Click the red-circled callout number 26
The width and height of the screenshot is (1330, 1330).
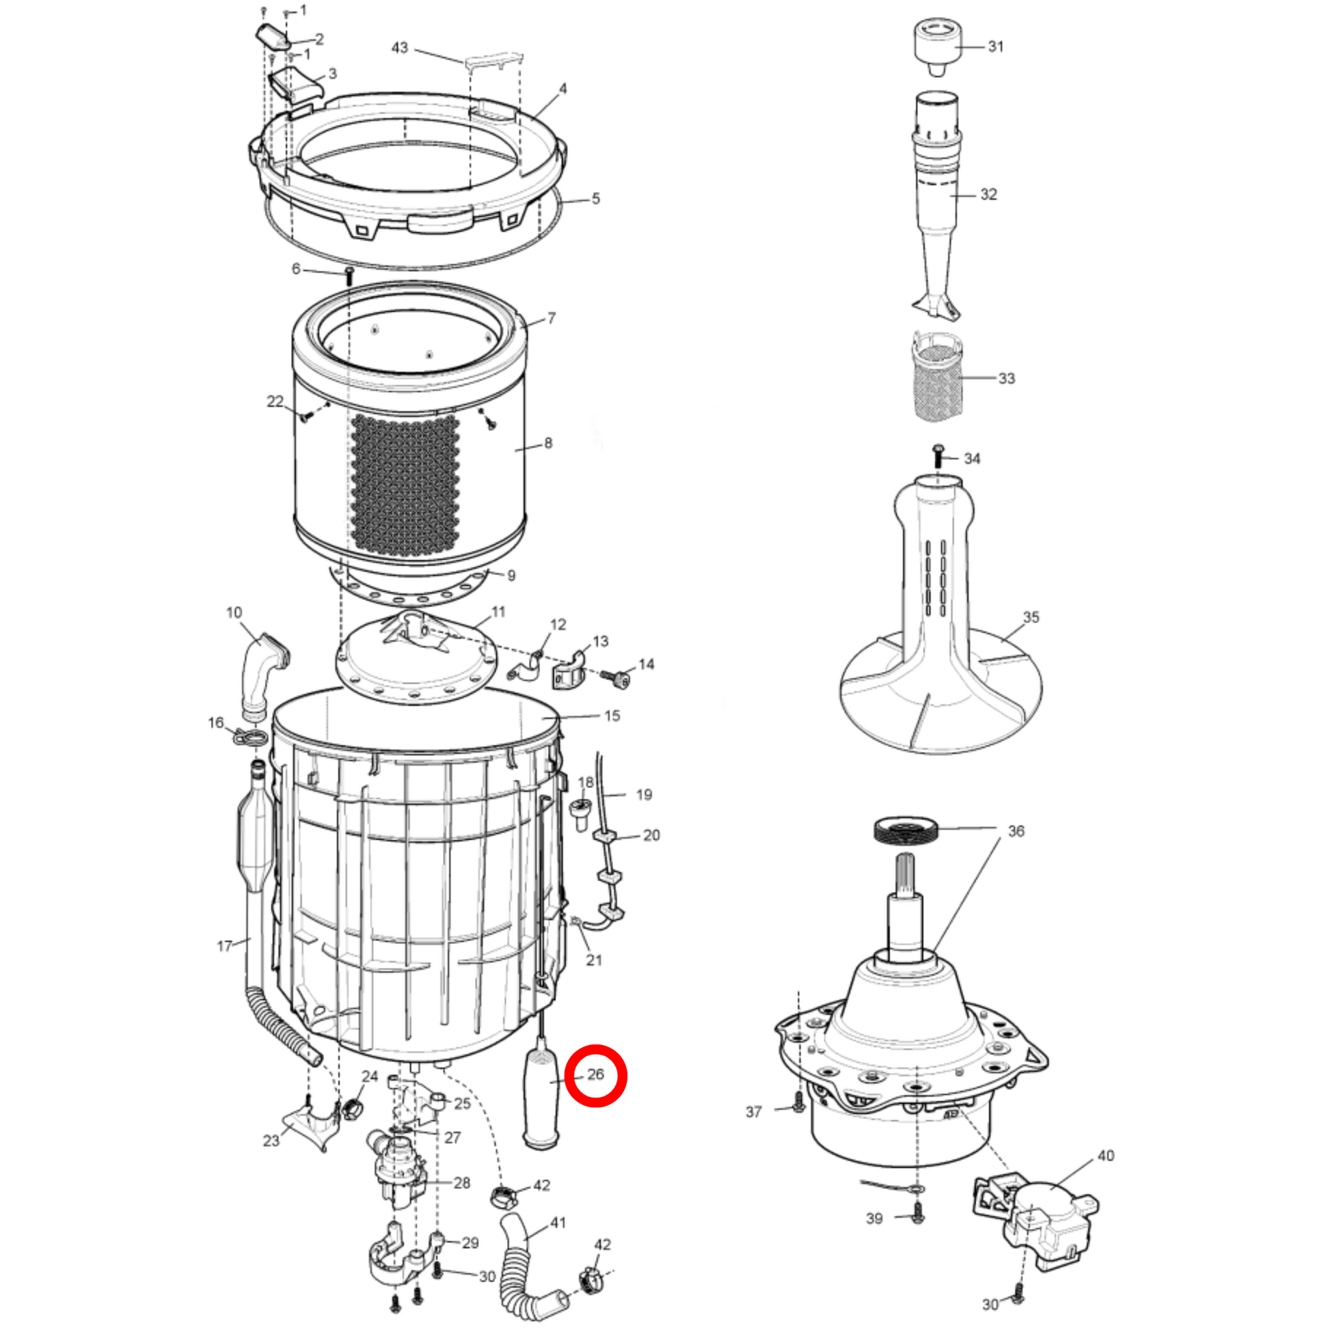(x=595, y=1074)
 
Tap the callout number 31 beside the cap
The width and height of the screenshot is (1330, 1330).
(x=995, y=46)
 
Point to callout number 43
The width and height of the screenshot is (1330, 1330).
(x=399, y=48)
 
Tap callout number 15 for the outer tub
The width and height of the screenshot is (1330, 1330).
(x=612, y=716)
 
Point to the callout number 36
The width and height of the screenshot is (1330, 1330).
(x=1016, y=831)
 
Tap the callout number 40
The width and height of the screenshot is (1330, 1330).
(x=1106, y=1156)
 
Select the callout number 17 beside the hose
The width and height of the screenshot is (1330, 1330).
(x=224, y=946)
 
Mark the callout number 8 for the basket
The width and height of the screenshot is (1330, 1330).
(x=548, y=443)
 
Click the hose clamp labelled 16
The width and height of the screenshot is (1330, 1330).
(x=251, y=737)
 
